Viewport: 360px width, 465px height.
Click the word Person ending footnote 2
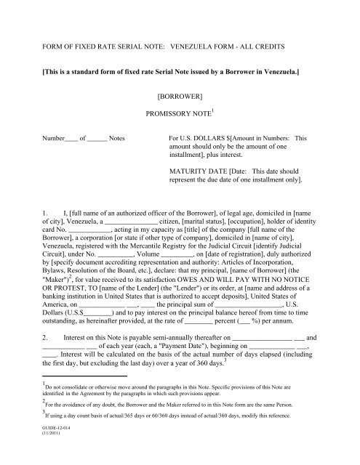tap(289, 413)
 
